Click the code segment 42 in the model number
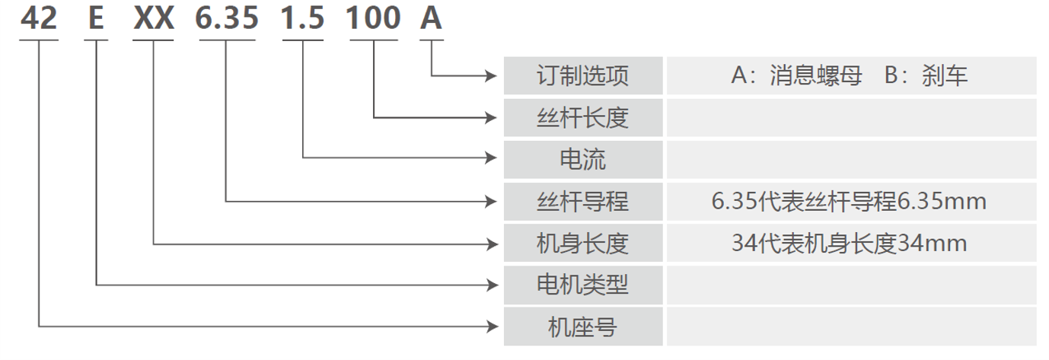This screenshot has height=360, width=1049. tap(39, 19)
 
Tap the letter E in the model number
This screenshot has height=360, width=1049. tap(96, 19)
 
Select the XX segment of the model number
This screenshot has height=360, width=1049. tap(154, 19)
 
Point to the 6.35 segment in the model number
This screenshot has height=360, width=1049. tap(227, 19)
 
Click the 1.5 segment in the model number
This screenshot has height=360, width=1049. tap(302, 19)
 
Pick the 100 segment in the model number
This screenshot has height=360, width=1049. tap(373, 19)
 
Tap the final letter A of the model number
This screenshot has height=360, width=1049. tap(431, 19)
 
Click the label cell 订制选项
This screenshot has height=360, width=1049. tap(583, 75)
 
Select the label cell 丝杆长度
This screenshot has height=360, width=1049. tap(583, 117)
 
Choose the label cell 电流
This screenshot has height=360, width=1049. tap(583, 159)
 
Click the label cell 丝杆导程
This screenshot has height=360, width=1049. tap(583, 201)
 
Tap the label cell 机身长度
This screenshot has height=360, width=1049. tap(583, 243)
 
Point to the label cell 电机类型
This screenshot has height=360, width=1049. tap(583, 285)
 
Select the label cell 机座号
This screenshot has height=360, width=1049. tap(583, 327)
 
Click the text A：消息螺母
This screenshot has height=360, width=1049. tap(796, 75)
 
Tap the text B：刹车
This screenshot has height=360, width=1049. tap(926, 75)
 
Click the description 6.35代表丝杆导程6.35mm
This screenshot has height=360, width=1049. tap(849, 201)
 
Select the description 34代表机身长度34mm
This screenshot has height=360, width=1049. tap(849, 244)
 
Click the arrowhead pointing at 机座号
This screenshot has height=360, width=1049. tap(493, 327)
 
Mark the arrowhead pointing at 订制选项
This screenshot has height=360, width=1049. tap(492, 75)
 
